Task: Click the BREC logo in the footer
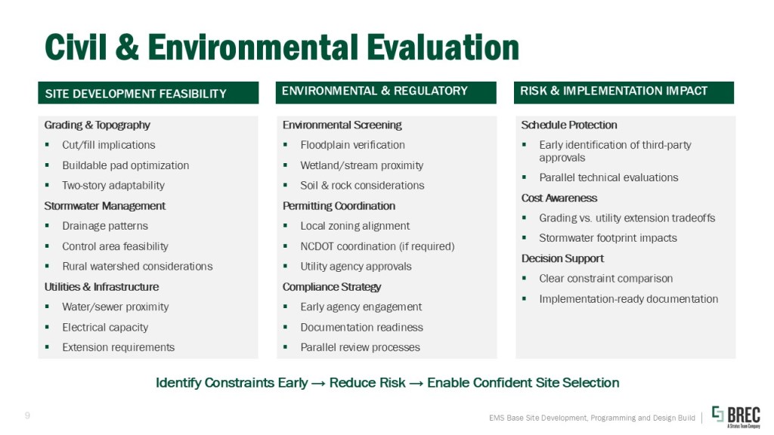pos(736,417)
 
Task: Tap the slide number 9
pos(27,416)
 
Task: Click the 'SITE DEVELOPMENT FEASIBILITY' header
pos(136,94)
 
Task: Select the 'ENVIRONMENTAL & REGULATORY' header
pos(375,91)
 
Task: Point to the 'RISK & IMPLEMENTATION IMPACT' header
pos(614,91)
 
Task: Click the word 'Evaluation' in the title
pos(442,48)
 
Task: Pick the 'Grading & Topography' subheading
pos(98,125)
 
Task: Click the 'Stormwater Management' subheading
pos(104,205)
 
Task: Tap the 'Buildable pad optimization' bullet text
pos(125,165)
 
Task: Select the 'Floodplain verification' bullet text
pos(352,145)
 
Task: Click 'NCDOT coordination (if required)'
pos(377,246)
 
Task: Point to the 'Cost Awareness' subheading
pos(559,198)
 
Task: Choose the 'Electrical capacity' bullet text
pos(105,327)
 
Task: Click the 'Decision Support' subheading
pos(562,258)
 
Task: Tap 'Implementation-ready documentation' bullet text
pos(628,299)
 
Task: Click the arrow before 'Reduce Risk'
pos(318,383)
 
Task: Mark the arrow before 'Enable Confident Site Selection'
pos(416,383)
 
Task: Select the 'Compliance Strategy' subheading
pos(332,286)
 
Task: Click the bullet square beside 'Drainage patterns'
pos(47,226)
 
